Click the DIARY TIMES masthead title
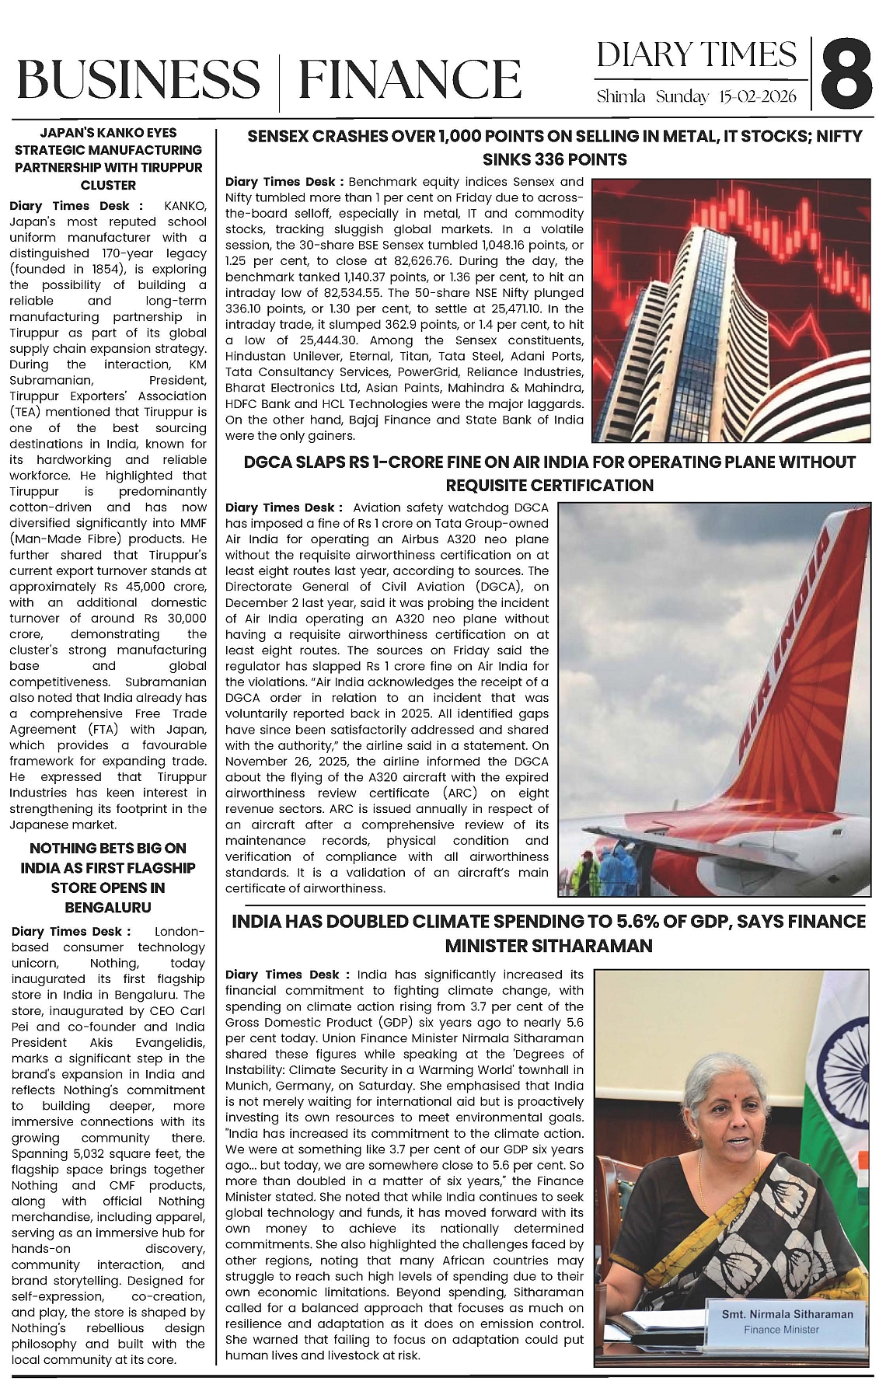[x=696, y=54]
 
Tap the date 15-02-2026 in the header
[x=758, y=97]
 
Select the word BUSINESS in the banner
[x=138, y=80]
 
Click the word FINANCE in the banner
[x=410, y=80]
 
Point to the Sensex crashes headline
[x=554, y=148]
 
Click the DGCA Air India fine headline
[x=549, y=473]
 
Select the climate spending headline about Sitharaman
[x=549, y=933]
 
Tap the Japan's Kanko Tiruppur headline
[x=109, y=159]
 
